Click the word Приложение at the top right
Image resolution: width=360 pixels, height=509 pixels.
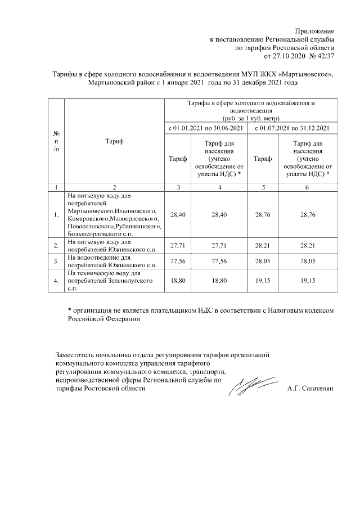coord(315,30)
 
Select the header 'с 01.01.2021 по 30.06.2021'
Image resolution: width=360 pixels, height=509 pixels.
coord(206,129)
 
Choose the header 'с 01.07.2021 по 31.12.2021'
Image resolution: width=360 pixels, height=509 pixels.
coord(291,129)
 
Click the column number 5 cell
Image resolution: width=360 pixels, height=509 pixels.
coord(263,187)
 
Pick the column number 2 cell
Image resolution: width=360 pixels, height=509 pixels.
coord(114,187)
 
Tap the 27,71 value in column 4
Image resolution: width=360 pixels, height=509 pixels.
coord(220,245)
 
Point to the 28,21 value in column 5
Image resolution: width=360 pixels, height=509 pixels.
coord(263,245)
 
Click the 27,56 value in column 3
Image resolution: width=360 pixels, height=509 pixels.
coord(178,261)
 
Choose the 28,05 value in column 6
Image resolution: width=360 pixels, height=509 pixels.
coord(307,261)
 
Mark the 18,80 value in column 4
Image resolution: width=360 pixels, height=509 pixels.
coord(220,280)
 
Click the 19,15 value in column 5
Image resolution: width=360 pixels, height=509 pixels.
coord(263,280)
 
